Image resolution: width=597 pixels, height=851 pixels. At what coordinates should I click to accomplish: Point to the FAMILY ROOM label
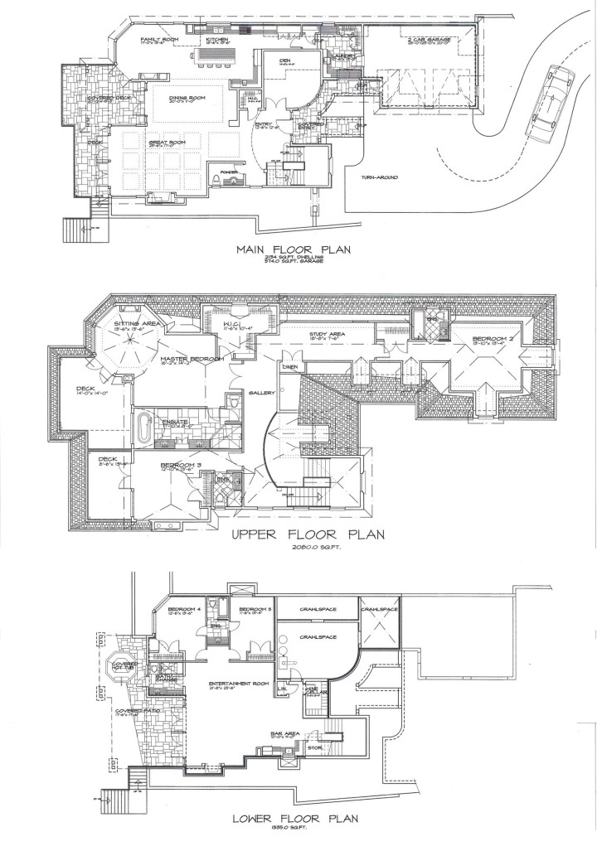[x=159, y=39]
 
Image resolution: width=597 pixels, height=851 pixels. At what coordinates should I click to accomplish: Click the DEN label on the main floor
[x=284, y=60]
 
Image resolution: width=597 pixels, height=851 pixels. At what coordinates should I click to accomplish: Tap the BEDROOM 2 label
[x=492, y=339]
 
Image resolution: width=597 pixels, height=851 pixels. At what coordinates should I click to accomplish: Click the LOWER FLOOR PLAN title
[x=296, y=819]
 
